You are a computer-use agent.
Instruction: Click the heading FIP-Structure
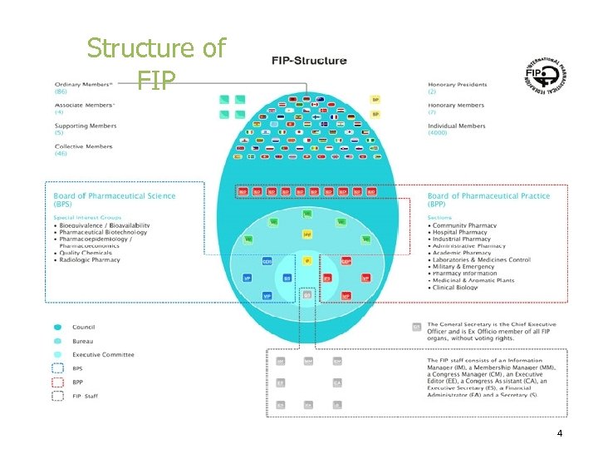pyautogui.click(x=310, y=61)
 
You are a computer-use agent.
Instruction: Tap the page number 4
pyautogui.click(x=560, y=433)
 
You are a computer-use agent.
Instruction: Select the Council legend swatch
pyautogui.click(x=57, y=328)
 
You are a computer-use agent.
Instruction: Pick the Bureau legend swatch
pyautogui.click(x=57, y=341)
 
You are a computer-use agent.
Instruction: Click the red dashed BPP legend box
pyautogui.click(x=57, y=382)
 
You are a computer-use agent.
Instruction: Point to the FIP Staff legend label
pyautogui.click(x=85, y=396)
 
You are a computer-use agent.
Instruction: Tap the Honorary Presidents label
pyautogui.click(x=458, y=84)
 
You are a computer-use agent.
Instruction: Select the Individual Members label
pyautogui.click(x=457, y=126)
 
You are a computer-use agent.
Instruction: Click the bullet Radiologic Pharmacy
pyautogui.click(x=90, y=260)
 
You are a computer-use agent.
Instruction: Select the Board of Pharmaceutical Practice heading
pyautogui.click(x=488, y=196)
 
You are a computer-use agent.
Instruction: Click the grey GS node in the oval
pyautogui.click(x=307, y=295)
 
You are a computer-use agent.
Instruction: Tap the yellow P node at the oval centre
pyautogui.click(x=307, y=260)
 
